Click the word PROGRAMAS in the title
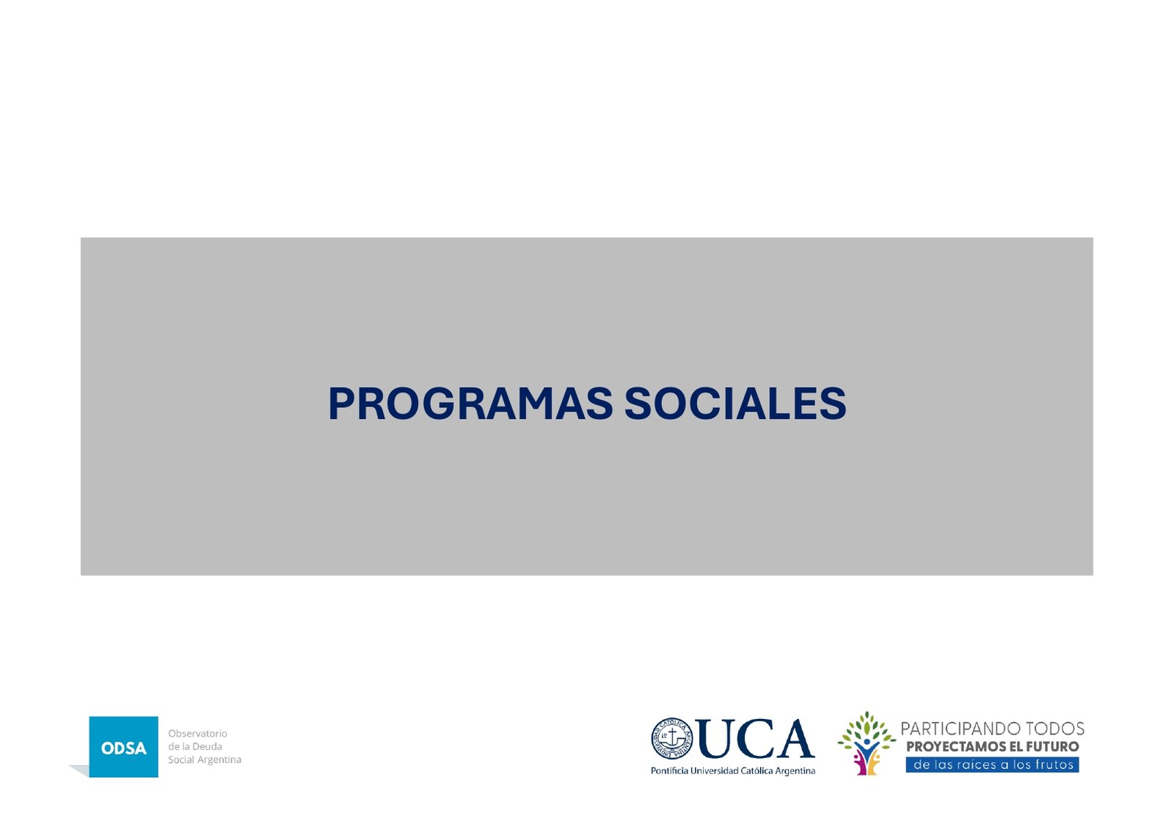(x=470, y=404)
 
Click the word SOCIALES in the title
(x=735, y=404)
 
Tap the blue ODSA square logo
(x=123, y=746)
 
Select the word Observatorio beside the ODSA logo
(x=197, y=733)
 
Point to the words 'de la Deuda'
(x=195, y=746)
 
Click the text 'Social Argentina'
(x=205, y=759)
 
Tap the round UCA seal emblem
(x=671, y=739)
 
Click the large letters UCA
(x=756, y=739)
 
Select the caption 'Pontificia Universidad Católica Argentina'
(x=733, y=771)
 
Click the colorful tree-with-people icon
(x=867, y=743)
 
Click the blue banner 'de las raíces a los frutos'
(x=993, y=765)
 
